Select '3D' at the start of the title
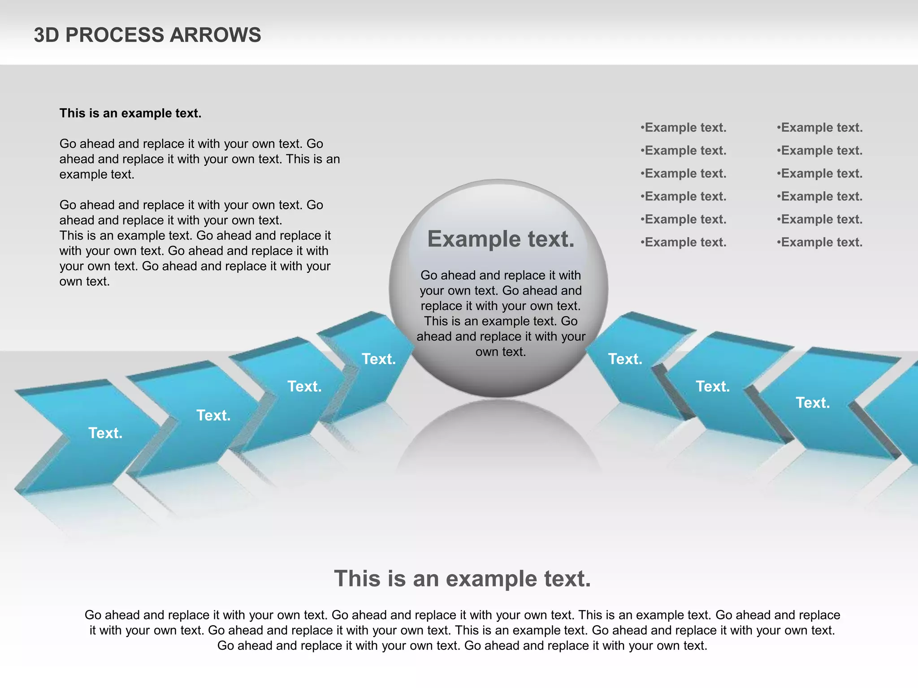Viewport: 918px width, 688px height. point(46,35)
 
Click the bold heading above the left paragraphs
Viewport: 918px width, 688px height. point(130,113)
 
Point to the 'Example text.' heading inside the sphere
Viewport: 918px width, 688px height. point(501,239)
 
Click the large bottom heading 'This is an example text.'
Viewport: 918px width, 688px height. point(462,578)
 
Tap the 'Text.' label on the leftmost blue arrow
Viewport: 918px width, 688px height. point(105,433)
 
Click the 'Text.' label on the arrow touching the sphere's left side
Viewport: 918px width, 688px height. point(379,359)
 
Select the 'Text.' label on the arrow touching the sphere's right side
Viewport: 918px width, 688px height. point(625,359)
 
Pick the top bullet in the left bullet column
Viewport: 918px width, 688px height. point(683,128)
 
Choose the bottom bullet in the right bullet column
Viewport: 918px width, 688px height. point(819,242)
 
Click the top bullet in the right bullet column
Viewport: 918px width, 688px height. point(819,128)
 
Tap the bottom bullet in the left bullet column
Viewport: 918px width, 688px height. point(683,242)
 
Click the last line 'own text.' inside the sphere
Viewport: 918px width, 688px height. point(501,352)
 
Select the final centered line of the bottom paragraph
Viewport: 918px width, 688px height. point(462,645)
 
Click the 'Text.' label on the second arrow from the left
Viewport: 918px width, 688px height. point(213,416)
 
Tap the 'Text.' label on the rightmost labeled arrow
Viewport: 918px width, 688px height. point(813,403)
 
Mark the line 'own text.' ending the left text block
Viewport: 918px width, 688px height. point(85,281)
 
